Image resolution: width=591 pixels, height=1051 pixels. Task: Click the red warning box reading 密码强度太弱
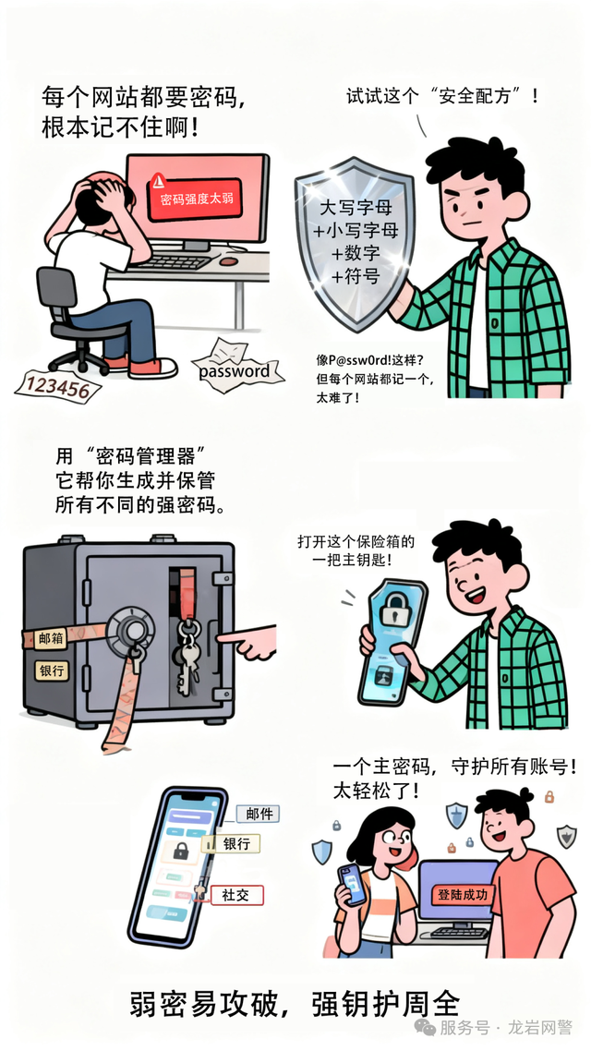coord(194,199)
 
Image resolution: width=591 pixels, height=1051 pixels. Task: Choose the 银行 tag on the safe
coord(51,670)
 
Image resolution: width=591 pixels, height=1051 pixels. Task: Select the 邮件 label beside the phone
coord(259,814)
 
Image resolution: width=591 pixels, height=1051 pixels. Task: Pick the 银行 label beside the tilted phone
coord(231,843)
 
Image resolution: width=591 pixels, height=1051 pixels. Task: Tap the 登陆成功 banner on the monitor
coord(463,895)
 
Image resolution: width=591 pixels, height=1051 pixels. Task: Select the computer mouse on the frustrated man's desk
coord(229,260)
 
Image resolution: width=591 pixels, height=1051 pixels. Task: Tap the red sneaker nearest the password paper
coord(154,368)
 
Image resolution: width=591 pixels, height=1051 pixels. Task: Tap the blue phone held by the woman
coord(353,885)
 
